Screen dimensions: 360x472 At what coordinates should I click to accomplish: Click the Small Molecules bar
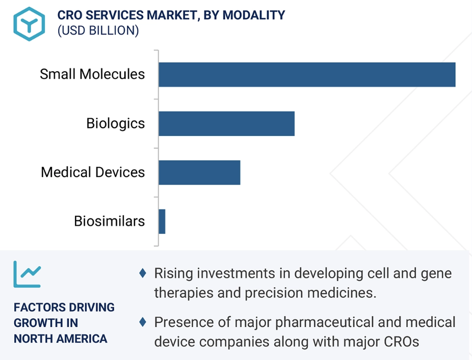tap(306, 74)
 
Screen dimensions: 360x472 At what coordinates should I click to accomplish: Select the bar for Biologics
tap(226, 123)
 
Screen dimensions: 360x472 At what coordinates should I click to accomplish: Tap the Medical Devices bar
tap(199, 172)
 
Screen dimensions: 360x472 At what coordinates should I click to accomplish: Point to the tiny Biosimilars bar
tap(162, 221)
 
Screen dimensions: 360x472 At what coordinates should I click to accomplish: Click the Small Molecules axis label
tap(92, 74)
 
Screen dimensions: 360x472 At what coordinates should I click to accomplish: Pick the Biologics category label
tap(115, 123)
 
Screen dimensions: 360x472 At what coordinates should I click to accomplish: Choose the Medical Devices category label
tap(93, 172)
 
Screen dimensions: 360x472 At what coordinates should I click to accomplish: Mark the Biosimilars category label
tap(109, 221)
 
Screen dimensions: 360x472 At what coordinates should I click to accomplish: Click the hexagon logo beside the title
tap(29, 23)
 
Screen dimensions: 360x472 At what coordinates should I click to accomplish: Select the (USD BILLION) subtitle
tap(98, 31)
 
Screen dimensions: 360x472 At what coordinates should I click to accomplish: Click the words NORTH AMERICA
tap(61, 339)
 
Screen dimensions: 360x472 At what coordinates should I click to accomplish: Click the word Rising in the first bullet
tap(173, 273)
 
